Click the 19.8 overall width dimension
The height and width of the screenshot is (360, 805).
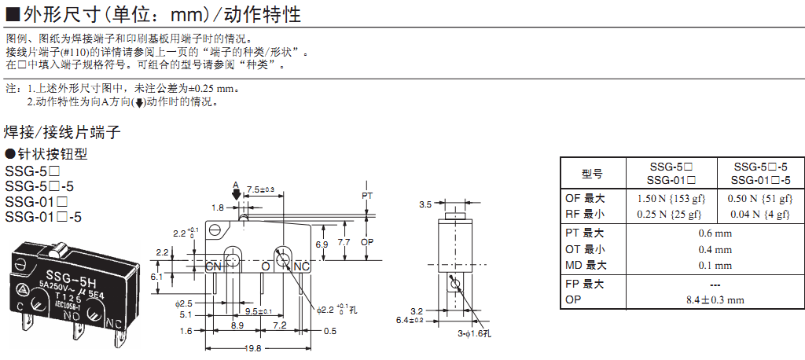[252, 348]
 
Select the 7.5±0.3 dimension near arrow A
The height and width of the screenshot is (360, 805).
[260, 190]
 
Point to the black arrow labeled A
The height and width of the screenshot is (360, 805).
[237, 196]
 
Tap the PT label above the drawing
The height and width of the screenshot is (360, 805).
[367, 194]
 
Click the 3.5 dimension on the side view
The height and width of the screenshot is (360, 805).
[425, 204]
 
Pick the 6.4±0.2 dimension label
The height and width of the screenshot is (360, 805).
[410, 320]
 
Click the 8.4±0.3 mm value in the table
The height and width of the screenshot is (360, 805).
[715, 299]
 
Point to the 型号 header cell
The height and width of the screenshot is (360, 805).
[592, 174]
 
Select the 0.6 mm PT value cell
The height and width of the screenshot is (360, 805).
[715, 233]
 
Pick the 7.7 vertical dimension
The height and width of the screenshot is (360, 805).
[344, 243]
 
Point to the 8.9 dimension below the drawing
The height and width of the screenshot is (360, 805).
[237, 325]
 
